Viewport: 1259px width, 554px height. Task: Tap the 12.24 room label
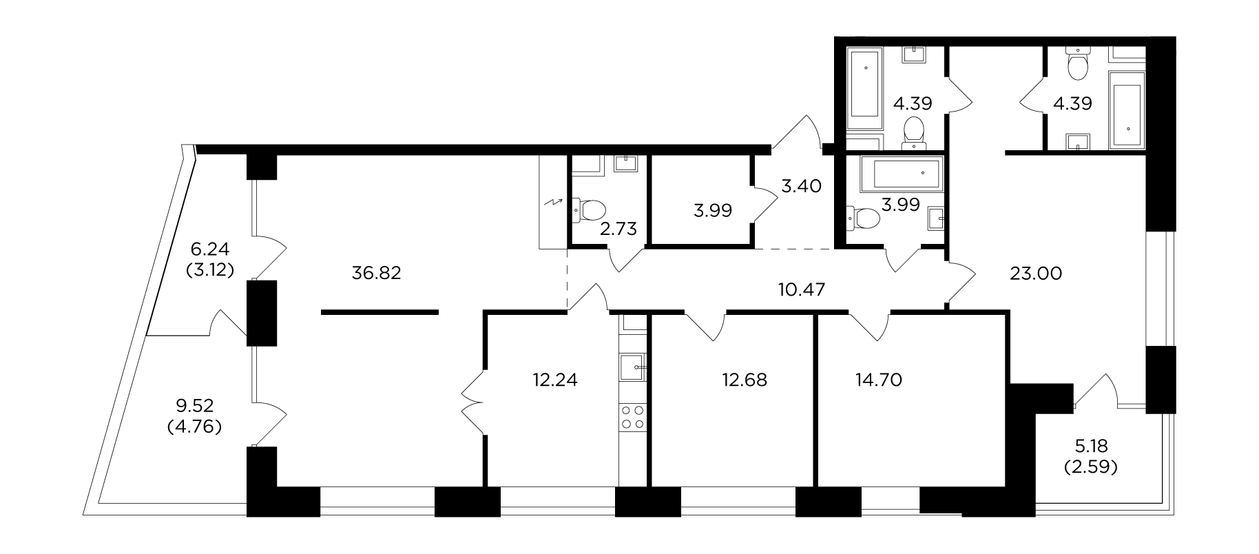[555, 380]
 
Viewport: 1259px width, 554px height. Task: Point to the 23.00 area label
[1037, 274]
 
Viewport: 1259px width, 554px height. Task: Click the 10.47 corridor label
[802, 289]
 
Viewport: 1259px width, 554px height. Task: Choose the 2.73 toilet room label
[618, 229]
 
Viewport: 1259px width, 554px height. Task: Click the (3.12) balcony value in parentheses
[210, 270]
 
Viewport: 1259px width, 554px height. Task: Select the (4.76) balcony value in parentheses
[194, 427]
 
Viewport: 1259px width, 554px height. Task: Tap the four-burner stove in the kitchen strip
[633, 418]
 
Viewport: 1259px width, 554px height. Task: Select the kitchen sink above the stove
[633, 368]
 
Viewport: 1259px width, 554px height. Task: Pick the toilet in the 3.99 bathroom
[863, 219]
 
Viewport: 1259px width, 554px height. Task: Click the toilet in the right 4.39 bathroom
[1075, 64]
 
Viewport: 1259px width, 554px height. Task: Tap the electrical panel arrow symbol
[553, 202]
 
